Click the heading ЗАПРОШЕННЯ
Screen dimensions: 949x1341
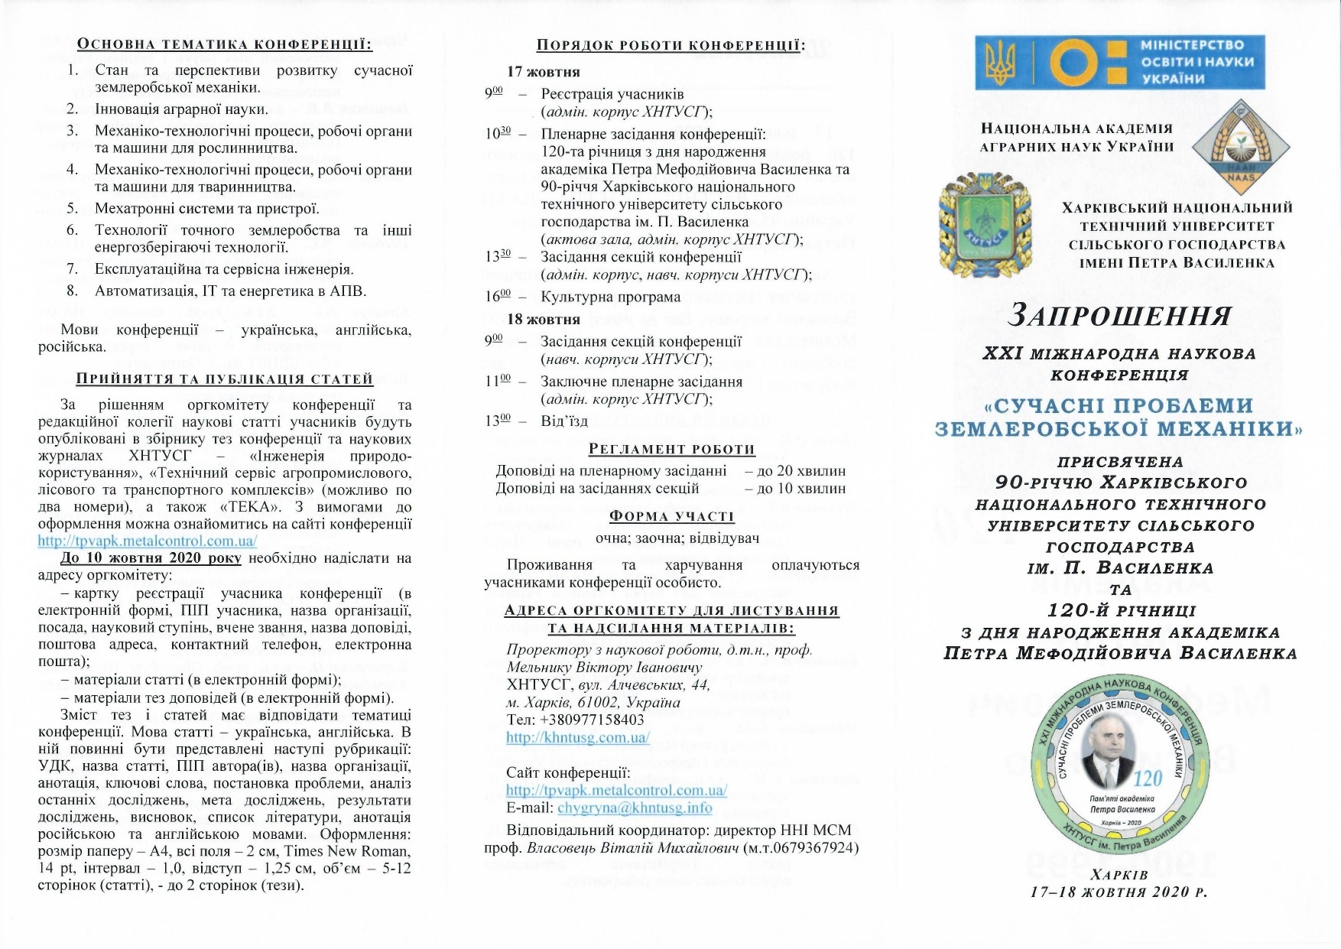(1119, 315)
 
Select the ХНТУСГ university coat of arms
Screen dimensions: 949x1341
(985, 219)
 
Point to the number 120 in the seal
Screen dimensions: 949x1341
(1147, 778)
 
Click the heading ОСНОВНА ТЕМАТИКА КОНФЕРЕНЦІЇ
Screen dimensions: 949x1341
(225, 44)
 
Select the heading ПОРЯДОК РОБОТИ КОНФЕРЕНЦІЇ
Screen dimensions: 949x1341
(670, 45)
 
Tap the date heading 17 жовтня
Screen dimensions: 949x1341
(544, 72)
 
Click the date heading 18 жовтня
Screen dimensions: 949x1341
(544, 319)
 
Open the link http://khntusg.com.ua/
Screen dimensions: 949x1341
(577, 738)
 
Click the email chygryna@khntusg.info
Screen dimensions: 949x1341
(635, 808)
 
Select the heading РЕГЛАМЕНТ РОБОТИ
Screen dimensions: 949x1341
(671, 449)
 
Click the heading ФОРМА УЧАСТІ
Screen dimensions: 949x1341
(671, 516)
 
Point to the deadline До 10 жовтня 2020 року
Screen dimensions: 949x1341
(151, 557)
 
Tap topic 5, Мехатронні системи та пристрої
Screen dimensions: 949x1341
(207, 208)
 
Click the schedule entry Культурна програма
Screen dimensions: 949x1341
(610, 297)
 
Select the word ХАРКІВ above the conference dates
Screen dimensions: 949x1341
(1119, 874)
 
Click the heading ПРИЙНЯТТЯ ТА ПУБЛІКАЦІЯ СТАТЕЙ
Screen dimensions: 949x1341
(225, 379)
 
